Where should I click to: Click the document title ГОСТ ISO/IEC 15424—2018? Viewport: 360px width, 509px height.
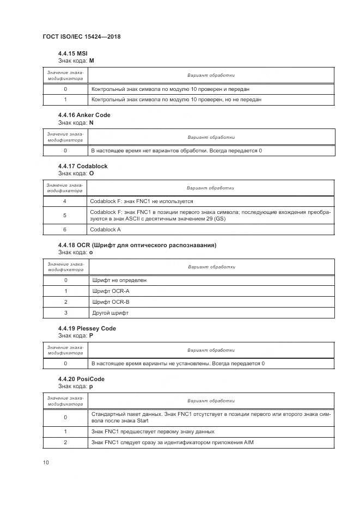click(81, 36)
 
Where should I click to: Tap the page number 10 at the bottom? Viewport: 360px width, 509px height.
click(46, 462)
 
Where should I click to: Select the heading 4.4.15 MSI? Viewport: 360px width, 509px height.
click(72, 53)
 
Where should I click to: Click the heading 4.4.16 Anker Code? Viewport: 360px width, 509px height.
click(84, 115)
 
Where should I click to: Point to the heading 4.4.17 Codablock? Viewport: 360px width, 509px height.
click(82, 166)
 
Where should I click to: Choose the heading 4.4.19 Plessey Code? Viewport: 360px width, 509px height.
click(87, 329)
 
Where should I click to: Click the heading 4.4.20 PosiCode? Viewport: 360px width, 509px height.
click(81, 379)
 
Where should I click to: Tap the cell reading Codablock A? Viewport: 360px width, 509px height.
click(106, 230)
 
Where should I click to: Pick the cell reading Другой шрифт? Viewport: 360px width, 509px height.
click(111, 313)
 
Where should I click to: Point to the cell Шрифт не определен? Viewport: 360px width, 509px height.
click(119, 280)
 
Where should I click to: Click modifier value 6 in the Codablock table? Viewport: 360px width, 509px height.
click(65, 230)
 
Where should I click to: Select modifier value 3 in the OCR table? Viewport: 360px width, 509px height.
click(65, 313)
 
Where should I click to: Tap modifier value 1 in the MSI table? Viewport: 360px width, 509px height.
click(65, 100)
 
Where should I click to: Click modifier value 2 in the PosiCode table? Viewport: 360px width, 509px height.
click(65, 443)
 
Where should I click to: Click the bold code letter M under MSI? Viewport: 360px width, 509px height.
click(91, 60)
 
